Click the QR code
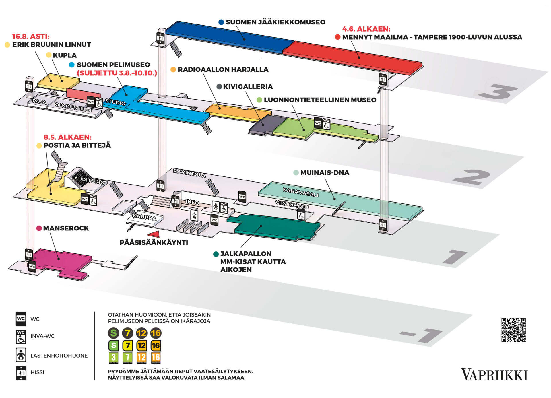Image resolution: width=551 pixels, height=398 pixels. click(513, 330)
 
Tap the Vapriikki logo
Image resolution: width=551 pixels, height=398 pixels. click(494, 375)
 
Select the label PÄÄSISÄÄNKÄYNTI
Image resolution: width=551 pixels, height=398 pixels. click(154, 242)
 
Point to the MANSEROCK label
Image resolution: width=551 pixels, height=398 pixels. click(66, 228)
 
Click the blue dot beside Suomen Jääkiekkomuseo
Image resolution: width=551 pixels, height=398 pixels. click(221, 22)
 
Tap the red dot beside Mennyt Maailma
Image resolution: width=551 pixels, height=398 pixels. click(337, 37)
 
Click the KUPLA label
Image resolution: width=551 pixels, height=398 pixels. click(65, 55)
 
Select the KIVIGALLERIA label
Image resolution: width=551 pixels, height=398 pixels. click(248, 86)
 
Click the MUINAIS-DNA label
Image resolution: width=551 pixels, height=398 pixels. click(325, 172)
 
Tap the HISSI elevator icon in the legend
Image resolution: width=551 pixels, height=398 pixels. click(21, 373)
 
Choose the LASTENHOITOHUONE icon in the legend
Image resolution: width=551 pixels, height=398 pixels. click(21, 355)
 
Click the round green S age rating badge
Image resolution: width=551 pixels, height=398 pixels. click(114, 333)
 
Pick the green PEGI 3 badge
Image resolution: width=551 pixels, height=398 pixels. click(114, 358)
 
